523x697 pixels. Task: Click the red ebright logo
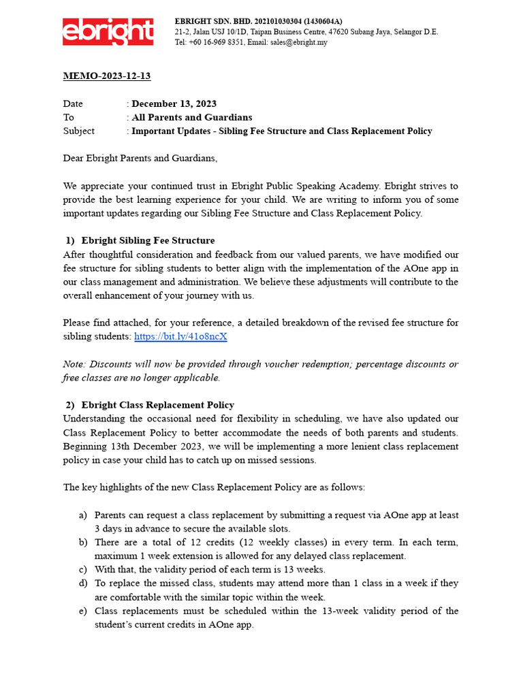[x=108, y=31]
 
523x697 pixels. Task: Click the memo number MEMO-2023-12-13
[x=106, y=76]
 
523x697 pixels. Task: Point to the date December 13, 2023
[x=174, y=103]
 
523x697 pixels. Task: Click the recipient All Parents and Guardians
[x=191, y=117]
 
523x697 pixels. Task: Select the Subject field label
[x=79, y=131]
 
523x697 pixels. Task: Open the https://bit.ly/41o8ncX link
[x=180, y=336]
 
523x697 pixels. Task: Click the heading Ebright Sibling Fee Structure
[x=148, y=240]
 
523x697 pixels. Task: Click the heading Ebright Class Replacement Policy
[x=157, y=405]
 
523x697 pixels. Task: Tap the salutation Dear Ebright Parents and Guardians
[x=140, y=158]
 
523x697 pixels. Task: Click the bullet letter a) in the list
[x=82, y=515]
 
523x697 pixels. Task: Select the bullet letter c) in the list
[x=82, y=570]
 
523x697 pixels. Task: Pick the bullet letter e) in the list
[x=82, y=611]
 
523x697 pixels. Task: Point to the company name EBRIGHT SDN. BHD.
[x=209, y=22]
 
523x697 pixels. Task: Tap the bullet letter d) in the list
[x=82, y=583]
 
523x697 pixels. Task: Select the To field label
[x=69, y=117]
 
